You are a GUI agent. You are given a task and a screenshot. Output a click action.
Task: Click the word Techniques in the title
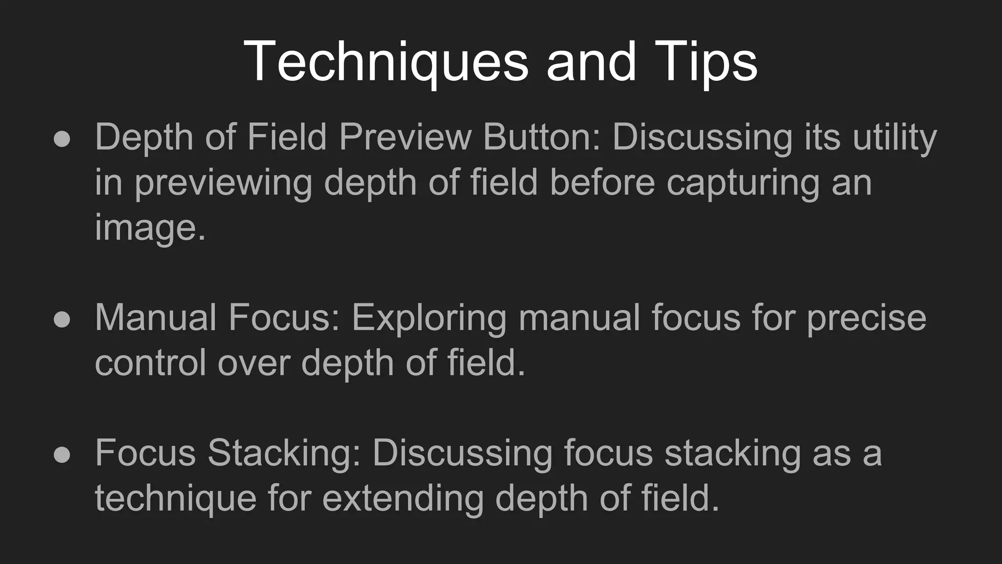coord(386,62)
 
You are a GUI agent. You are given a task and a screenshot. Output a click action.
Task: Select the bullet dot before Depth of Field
coord(62,139)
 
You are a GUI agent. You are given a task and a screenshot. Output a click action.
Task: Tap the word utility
coord(895,138)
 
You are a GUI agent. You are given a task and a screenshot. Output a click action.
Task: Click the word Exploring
coord(429,318)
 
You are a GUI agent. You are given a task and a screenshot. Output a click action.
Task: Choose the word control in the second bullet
coord(150,363)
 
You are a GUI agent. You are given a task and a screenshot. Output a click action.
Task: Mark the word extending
coord(402,498)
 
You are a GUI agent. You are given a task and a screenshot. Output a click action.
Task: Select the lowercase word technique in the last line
coord(176,498)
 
